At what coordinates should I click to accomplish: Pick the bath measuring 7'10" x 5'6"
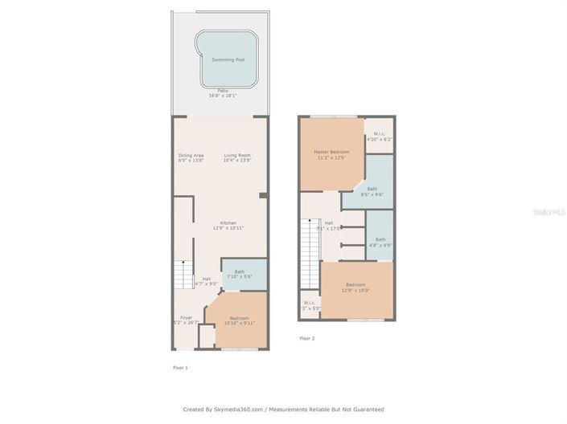(x=240, y=274)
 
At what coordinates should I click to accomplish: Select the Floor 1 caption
(x=180, y=367)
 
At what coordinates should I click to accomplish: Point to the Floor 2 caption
(x=307, y=338)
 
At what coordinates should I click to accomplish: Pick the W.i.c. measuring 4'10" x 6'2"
(x=378, y=137)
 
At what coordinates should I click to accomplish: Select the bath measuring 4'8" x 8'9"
(x=380, y=241)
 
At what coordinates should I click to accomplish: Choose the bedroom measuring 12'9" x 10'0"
(x=357, y=287)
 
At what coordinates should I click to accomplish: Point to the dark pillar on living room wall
(x=262, y=195)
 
